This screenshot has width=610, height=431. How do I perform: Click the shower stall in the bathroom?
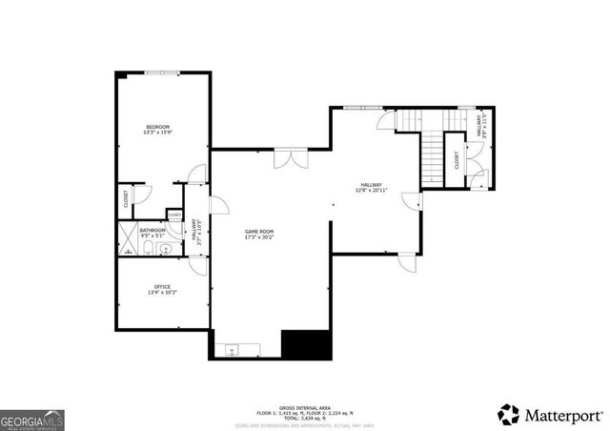click(x=127, y=236)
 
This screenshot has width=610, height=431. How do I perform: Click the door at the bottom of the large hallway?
click(x=406, y=260)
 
